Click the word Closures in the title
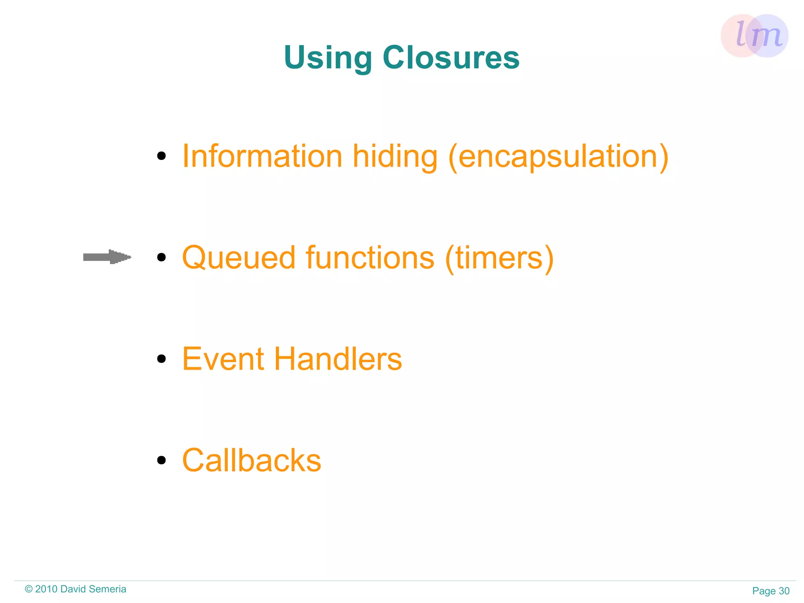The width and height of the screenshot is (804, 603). [x=451, y=57]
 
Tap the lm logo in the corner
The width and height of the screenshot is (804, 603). [x=754, y=36]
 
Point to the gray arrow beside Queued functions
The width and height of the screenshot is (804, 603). [x=107, y=257]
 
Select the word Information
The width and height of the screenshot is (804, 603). [x=263, y=156]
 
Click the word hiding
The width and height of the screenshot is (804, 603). [x=395, y=156]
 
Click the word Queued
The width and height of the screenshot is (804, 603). [x=239, y=258]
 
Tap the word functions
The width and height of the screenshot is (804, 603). [x=370, y=258]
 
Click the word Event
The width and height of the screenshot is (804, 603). [x=223, y=359]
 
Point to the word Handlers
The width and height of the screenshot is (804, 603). [x=338, y=359]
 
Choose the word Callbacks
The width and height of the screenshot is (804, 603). [x=252, y=460]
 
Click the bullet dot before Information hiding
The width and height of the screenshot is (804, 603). [x=161, y=156]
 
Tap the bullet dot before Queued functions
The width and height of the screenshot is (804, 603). [x=161, y=257]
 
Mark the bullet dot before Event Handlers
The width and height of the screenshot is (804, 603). [x=161, y=359]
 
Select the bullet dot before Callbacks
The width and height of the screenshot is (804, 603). [x=161, y=460]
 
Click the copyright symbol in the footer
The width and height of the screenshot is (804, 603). [x=29, y=589]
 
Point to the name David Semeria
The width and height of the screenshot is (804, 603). [x=93, y=589]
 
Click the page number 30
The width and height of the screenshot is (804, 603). [x=784, y=591]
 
